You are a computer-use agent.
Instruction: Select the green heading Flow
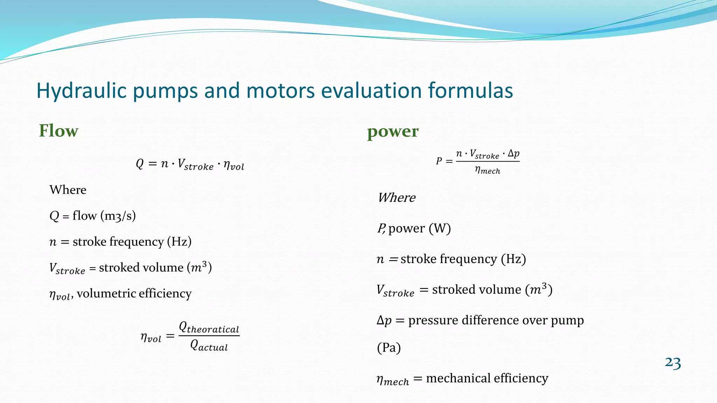point(58,131)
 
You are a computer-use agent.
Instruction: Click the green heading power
point(392,132)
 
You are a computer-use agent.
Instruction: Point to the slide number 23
point(673,363)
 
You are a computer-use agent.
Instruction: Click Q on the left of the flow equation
point(139,164)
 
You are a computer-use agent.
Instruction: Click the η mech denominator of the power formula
point(487,170)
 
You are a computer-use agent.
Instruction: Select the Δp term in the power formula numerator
point(514,154)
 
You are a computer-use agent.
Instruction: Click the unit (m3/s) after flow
point(118,216)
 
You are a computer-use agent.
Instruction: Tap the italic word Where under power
point(396,198)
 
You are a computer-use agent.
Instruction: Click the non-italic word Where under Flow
point(68,190)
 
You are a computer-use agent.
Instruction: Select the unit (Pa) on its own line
point(389,348)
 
